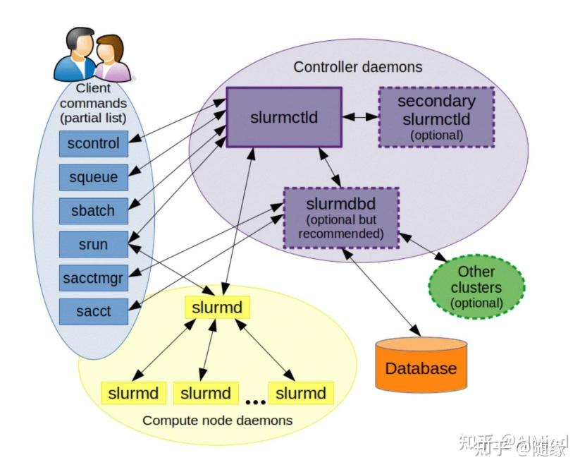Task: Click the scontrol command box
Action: pyautogui.click(x=93, y=144)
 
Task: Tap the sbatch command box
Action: pyautogui.click(x=93, y=210)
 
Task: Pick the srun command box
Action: pyautogui.click(x=93, y=245)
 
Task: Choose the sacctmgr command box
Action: pyautogui.click(x=93, y=278)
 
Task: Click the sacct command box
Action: pyautogui.click(x=93, y=311)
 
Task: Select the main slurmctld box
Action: pyautogui.click(x=283, y=117)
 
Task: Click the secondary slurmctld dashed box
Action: pyautogui.click(x=436, y=117)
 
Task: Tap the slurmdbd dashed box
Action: pyautogui.click(x=340, y=217)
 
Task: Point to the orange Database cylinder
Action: pyautogui.click(x=421, y=365)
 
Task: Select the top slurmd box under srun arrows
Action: pyautogui.click(x=217, y=307)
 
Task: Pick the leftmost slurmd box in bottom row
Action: pyautogui.click(x=133, y=393)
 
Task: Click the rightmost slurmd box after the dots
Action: pyautogui.click(x=301, y=393)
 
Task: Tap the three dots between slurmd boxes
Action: pyautogui.click(x=255, y=402)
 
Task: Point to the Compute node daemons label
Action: pyautogui.click(x=217, y=420)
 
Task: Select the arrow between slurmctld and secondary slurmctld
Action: pyautogui.click(x=360, y=117)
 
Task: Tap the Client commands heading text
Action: pyautogui.click(x=93, y=102)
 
